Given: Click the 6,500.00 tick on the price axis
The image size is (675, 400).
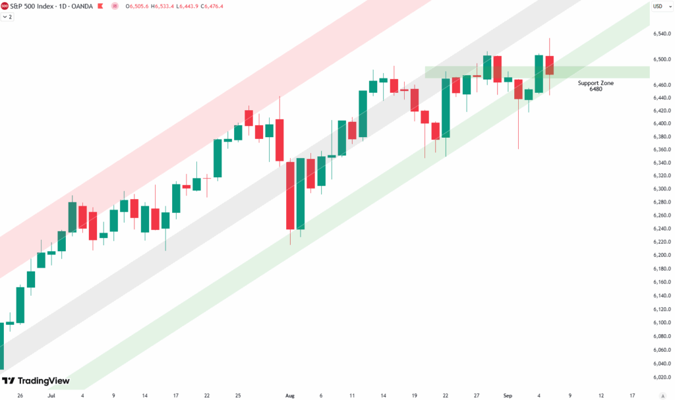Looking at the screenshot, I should [660, 59].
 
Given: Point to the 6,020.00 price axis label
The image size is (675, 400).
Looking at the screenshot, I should [660, 378].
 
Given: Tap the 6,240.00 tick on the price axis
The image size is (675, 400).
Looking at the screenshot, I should [660, 229].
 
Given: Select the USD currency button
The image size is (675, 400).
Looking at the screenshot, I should [657, 7].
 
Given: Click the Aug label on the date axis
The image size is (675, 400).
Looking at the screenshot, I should [290, 395].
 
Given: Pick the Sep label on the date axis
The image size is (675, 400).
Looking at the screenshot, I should [507, 395].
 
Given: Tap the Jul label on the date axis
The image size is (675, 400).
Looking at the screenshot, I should [51, 395].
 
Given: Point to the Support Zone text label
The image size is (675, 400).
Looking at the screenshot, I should [596, 83].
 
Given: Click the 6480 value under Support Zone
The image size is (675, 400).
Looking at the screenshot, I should [596, 89].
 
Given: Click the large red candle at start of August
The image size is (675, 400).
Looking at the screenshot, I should [290, 195].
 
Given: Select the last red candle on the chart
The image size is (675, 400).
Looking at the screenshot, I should [549, 65].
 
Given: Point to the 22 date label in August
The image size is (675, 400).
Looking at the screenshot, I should [446, 395].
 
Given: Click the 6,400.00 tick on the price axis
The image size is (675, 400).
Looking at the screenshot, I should [660, 123].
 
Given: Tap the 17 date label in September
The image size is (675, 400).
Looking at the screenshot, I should [632, 395].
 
